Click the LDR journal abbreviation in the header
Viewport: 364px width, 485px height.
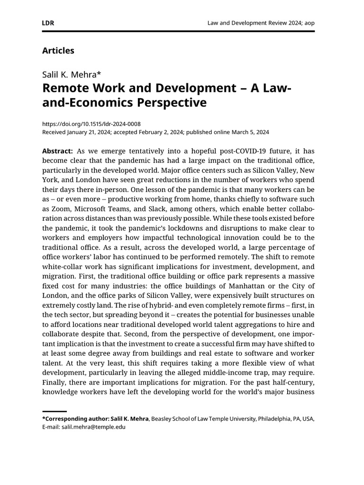(48, 23)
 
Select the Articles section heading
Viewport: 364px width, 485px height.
(58, 50)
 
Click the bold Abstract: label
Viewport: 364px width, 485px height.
(57, 151)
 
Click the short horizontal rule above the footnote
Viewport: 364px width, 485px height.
(55, 412)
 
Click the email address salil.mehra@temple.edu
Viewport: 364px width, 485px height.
(94, 426)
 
